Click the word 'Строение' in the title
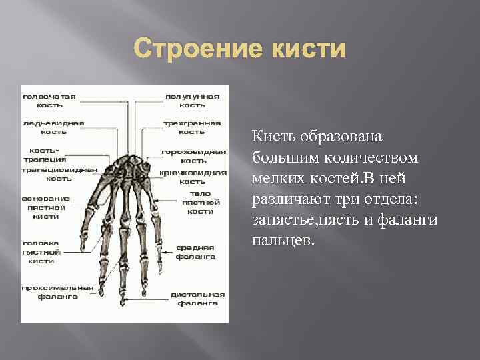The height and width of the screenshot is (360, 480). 188,50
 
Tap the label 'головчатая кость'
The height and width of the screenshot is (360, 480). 49,100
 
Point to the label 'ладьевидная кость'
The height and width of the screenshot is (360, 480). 53,127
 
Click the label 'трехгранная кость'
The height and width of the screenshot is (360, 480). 193,127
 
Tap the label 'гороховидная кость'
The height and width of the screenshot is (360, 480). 193,156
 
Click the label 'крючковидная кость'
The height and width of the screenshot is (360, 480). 193,177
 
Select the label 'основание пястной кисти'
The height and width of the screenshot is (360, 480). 45,207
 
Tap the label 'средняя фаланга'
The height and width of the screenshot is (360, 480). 195,251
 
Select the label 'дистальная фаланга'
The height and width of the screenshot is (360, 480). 197,298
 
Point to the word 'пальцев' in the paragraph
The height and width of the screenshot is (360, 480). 280,240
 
